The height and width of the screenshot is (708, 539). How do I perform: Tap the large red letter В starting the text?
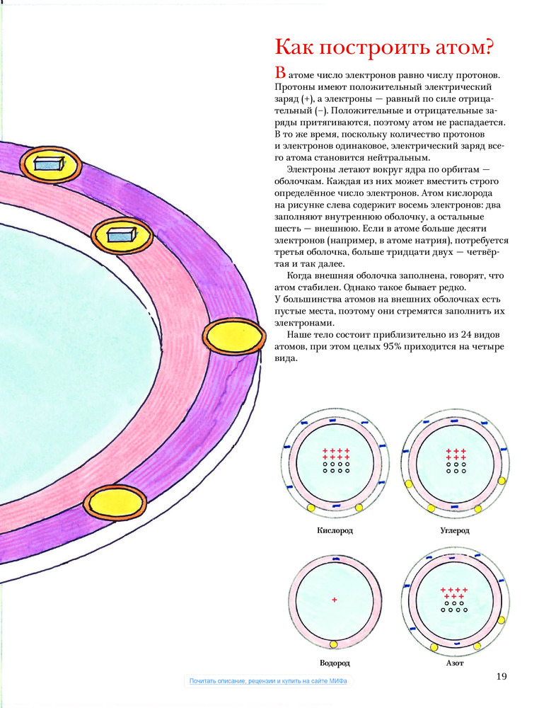point(280,72)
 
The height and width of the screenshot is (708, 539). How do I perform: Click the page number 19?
point(502,676)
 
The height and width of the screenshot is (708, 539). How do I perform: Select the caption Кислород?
point(335,530)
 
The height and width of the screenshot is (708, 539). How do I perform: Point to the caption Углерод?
point(455,530)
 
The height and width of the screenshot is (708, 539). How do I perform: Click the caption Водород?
point(335,663)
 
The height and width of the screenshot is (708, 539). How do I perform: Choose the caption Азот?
point(455,663)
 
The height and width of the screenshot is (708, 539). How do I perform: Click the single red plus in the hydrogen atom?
point(335,600)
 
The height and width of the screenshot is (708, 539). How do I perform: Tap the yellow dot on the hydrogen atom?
point(334,644)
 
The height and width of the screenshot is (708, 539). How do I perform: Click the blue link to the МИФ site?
point(268,681)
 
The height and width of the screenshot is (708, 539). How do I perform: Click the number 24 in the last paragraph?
point(467,335)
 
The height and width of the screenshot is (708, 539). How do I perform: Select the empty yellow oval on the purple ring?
point(234,336)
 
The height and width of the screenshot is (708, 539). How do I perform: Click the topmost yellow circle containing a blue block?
point(50,165)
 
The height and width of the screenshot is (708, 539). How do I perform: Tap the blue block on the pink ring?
point(122,235)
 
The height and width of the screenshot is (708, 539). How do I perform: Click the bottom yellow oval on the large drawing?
point(115,503)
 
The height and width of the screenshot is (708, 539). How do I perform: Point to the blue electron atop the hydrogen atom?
point(335,559)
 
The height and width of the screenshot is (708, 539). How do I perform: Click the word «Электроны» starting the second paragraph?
point(311,170)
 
